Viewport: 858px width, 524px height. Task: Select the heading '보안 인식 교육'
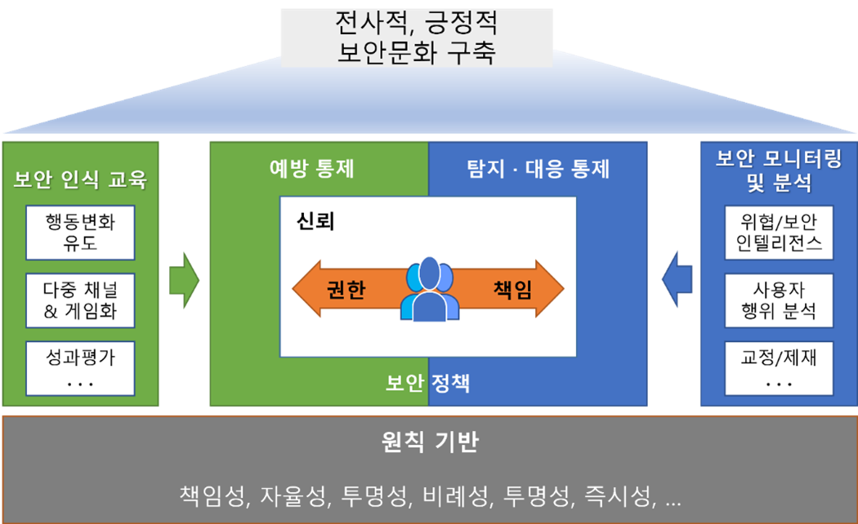80,180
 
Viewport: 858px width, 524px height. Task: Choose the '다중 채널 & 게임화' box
80,300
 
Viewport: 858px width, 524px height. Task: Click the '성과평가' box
80,366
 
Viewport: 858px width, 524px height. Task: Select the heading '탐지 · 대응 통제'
538,169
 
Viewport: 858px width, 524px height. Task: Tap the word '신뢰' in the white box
316,221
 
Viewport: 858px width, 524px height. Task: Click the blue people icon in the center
429,289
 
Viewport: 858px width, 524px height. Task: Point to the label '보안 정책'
428,383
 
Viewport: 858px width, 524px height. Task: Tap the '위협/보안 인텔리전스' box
778,232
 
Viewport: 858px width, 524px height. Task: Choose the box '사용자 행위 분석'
778,300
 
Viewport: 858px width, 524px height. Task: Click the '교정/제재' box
778,366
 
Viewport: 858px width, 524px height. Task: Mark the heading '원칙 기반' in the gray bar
430,443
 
